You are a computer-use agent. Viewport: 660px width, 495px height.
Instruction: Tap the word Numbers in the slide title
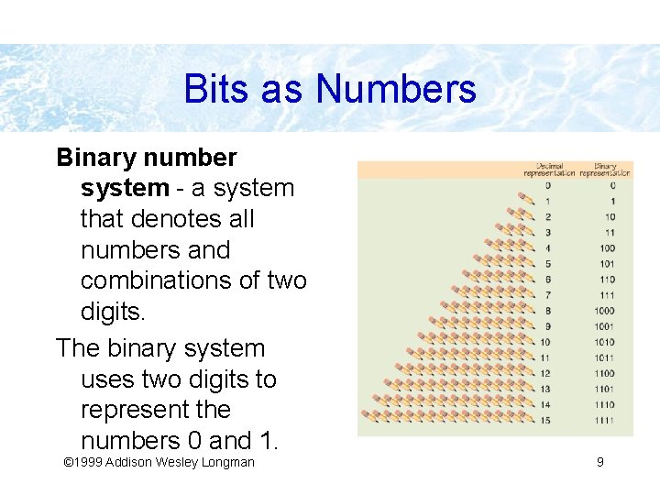click(396, 90)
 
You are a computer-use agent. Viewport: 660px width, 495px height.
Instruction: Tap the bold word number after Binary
click(193, 158)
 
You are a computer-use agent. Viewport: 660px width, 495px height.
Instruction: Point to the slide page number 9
click(599, 462)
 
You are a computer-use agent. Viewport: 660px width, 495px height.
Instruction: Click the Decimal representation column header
click(549, 170)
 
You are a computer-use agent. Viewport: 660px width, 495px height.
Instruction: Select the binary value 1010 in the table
click(605, 342)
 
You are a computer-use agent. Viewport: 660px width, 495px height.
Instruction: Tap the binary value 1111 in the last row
click(605, 420)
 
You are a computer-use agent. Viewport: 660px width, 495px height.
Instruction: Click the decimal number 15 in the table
click(546, 420)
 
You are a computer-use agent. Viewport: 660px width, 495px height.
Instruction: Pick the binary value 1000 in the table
click(605, 311)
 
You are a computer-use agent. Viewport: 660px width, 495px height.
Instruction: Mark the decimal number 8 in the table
click(547, 311)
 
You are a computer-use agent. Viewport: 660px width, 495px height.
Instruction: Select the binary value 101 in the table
click(607, 264)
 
